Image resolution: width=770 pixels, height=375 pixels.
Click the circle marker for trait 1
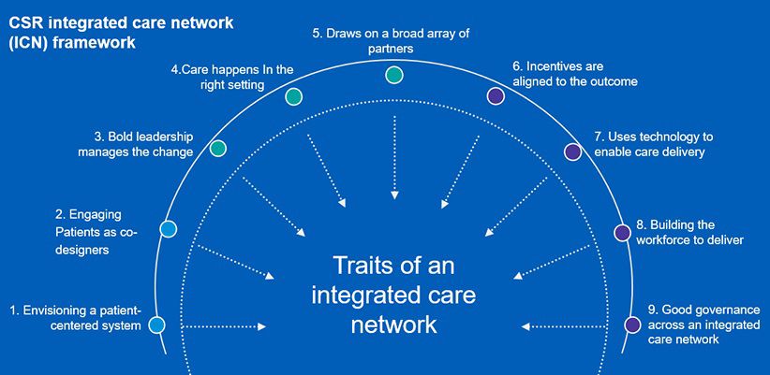tap(156, 325)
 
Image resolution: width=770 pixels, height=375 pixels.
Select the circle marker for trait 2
tap(169, 228)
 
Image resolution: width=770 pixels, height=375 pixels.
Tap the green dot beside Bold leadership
tap(218, 149)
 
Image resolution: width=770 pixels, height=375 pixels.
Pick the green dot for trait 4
tap(293, 96)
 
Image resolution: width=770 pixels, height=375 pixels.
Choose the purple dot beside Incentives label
tap(496, 95)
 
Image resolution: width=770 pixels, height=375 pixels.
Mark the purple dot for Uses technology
tap(571, 151)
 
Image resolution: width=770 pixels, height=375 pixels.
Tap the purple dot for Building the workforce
tap(621, 232)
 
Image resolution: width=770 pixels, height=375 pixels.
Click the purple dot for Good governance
tap(632, 325)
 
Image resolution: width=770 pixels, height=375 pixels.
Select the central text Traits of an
tap(393, 267)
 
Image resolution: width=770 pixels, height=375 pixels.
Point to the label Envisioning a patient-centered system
tap(75, 317)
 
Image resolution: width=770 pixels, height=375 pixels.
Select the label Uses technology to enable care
tap(648, 143)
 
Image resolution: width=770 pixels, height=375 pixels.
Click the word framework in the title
tap(88, 42)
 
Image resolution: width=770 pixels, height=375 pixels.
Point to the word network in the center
tap(393, 325)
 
